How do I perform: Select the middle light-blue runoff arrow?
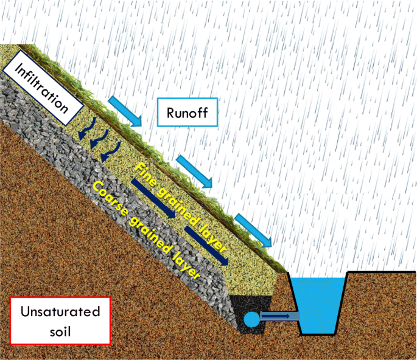click(194, 171)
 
